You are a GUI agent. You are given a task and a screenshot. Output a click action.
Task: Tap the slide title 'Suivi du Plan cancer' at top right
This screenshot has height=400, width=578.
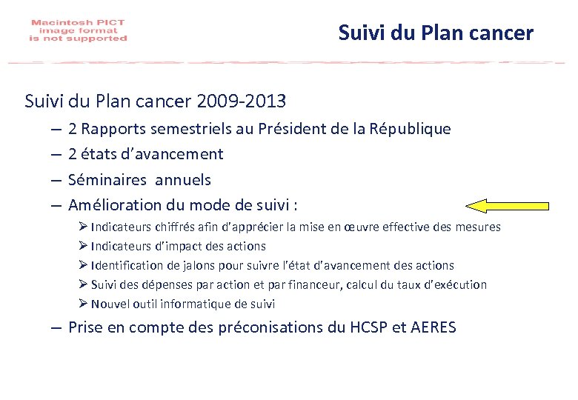(x=435, y=33)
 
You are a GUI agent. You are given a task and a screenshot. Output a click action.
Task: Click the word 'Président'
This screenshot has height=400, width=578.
(x=290, y=129)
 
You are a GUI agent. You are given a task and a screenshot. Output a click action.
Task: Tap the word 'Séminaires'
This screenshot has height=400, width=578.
(x=103, y=180)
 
